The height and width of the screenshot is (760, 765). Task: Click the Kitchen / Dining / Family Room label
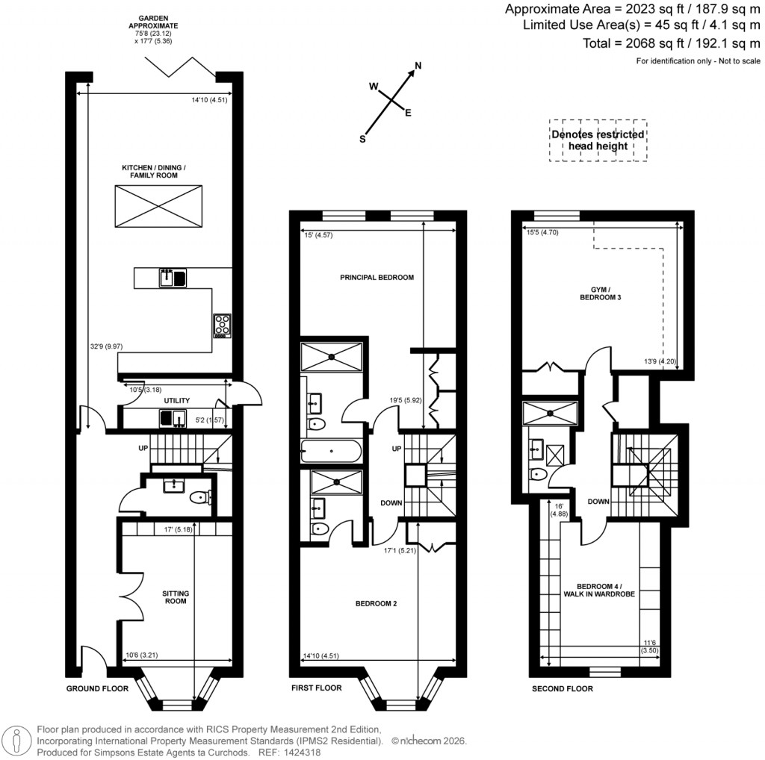(154, 172)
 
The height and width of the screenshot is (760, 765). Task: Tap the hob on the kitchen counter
(223, 325)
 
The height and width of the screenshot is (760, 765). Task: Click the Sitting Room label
(176, 597)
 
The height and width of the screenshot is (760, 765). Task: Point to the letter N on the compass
(418, 66)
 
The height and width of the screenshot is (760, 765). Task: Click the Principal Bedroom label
(377, 278)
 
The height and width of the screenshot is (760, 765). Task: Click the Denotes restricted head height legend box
(598, 140)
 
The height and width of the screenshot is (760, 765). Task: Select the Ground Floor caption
(97, 688)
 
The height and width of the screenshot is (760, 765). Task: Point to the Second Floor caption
(562, 688)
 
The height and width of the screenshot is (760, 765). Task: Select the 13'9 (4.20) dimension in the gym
(660, 361)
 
